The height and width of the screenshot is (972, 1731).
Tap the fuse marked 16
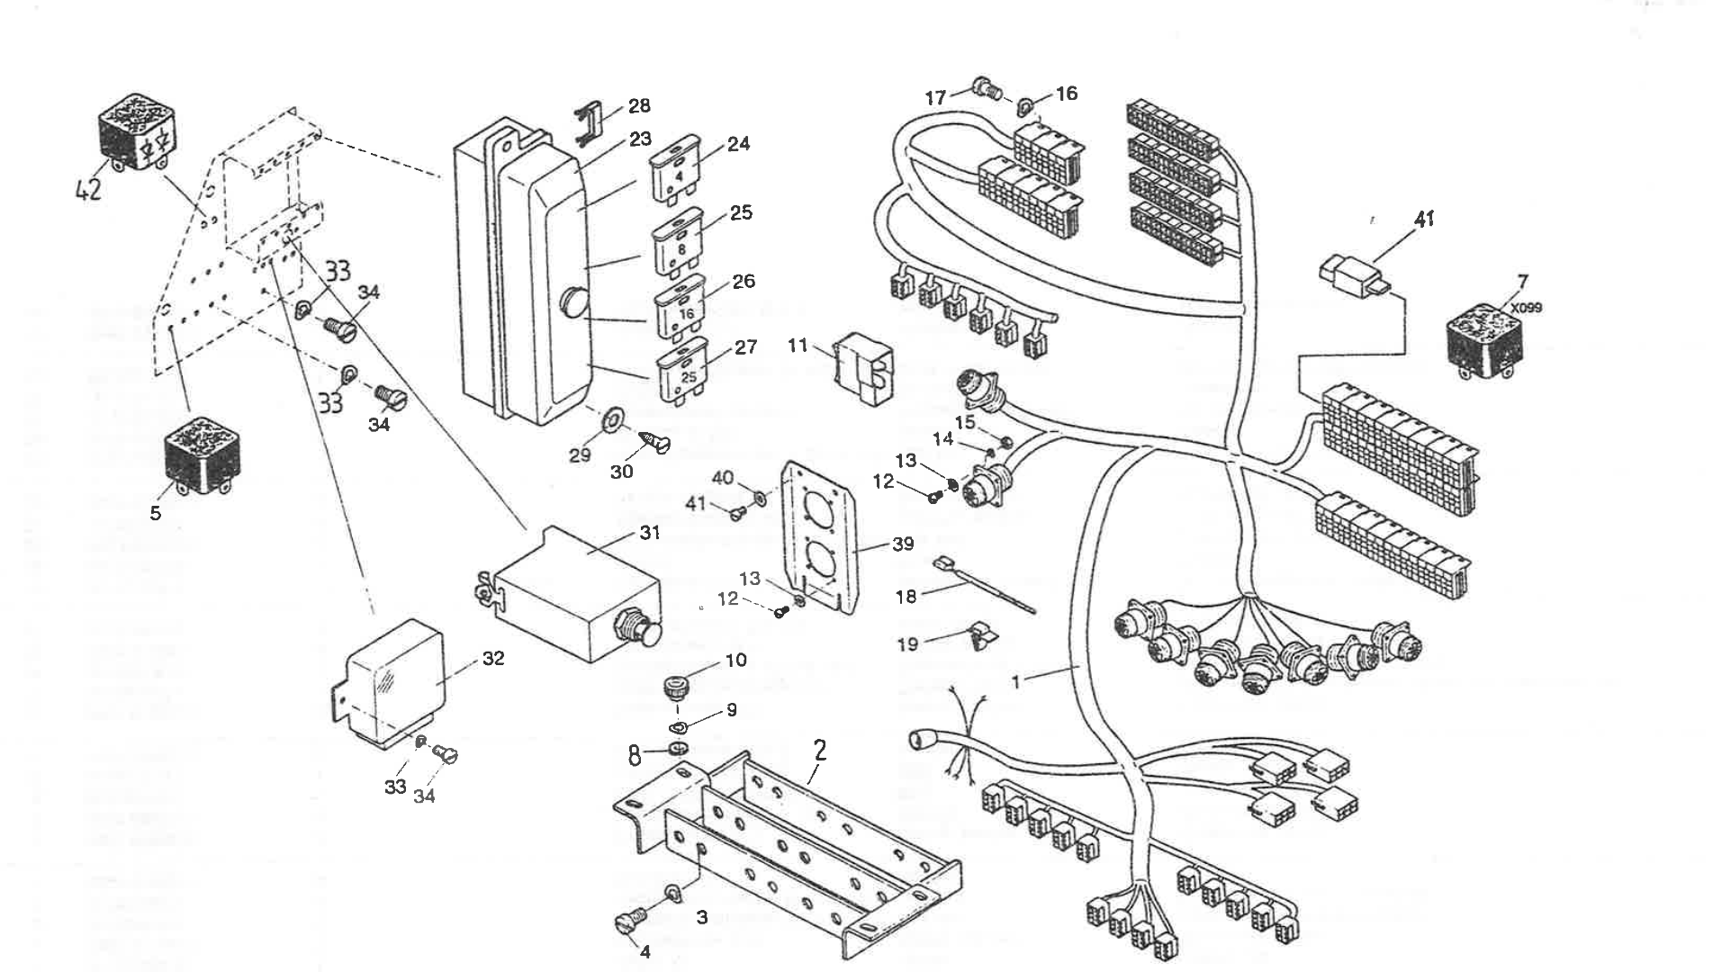click(x=685, y=311)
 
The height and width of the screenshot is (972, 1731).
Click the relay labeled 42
click(x=140, y=132)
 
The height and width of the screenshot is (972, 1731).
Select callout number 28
click(x=639, y=106)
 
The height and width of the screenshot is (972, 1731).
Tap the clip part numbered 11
click(x=861, y=368)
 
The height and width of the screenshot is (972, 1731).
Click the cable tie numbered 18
click(x=986, y=586)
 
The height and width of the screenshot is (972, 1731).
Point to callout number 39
click(x=902, y=544)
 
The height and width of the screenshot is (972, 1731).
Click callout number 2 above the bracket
click(x=819, y=751)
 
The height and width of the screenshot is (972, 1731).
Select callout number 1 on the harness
click(x=1016, y=682)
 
